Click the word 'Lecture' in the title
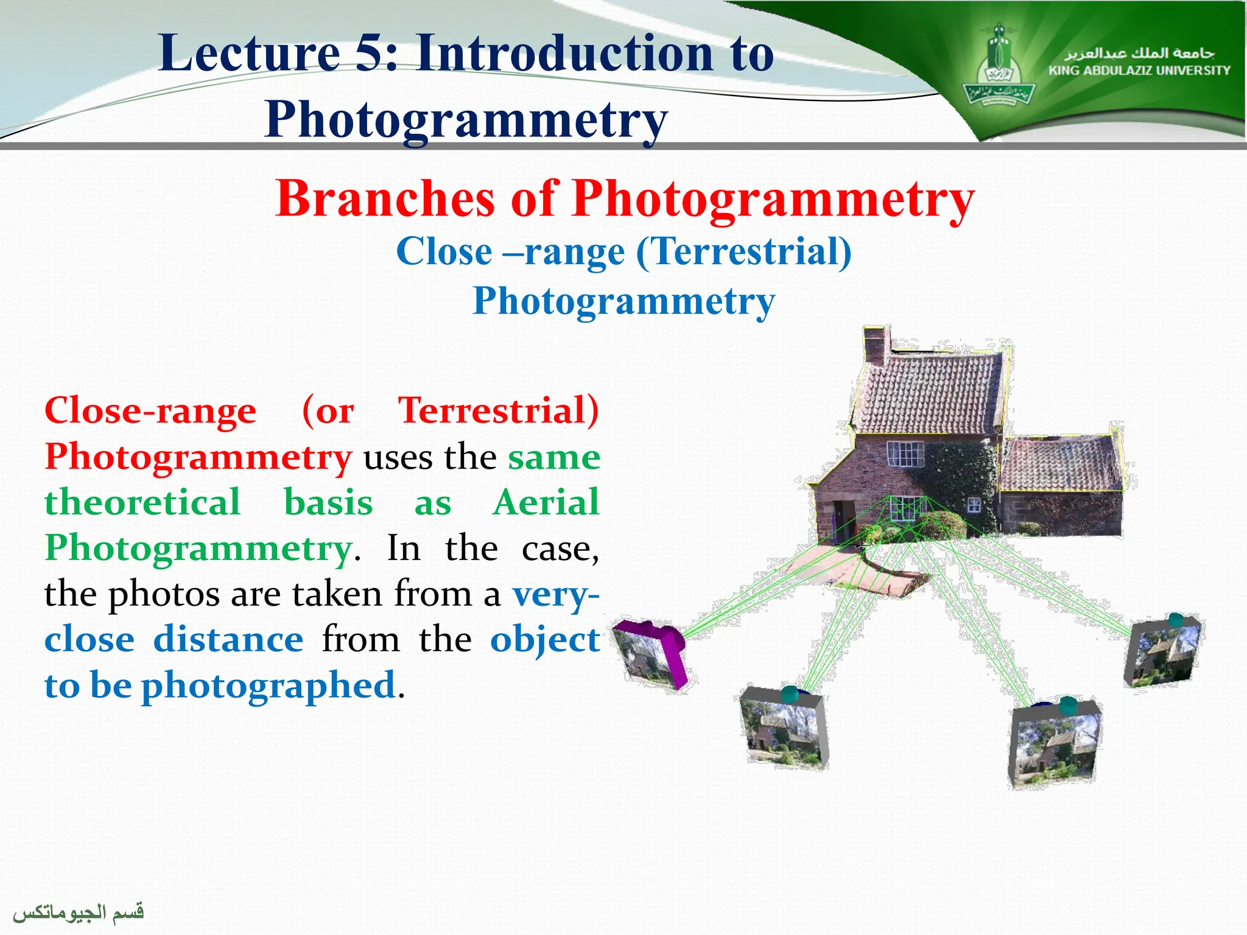pyautogui.click(x=248, y=54)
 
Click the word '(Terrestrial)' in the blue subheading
pyautogui.click(x=743, y=251)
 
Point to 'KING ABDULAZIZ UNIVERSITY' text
pyautogui.click(x=1139, y=71)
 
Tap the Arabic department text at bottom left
pyautogui.click(x=79, y=912)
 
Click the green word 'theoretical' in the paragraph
pyautogui.click(x=142, y=503)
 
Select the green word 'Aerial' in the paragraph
pyautogui.click(x=546, y=503)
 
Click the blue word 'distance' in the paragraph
pyautogui.click(x=228, y=640)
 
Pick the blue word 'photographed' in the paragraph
pyautogui.click(x=269, y=685)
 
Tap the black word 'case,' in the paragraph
pyautogui.click(x=560, y=548)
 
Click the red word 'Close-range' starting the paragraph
pyautogui.click(x=150, y=411)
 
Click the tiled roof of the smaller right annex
pyautogui.click(x=1060, y=463)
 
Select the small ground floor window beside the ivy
pyautogui.click(x=974, y=505)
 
